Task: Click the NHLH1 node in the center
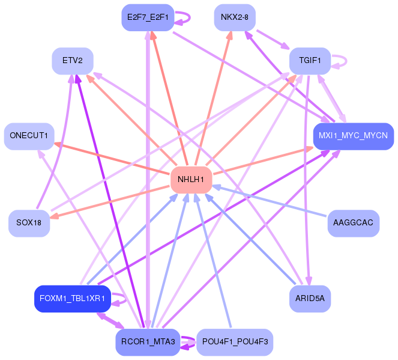coord(191,180)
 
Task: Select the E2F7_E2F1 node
coord(147,17)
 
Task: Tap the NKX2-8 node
coord(234,17)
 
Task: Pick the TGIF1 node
coord(310,61)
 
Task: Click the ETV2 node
coord(72,61)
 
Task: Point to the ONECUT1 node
coord(29,136)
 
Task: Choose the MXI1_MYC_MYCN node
coord(353,136)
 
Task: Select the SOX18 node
coord(29,223)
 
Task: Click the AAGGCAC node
coord(354,223)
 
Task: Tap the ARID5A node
coord(310,298)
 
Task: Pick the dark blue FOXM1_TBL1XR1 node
coord(72,298)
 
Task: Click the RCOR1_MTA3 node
coord(147,341)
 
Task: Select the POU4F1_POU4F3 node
coord(235,341)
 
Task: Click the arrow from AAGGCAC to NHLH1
coord(270,201)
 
